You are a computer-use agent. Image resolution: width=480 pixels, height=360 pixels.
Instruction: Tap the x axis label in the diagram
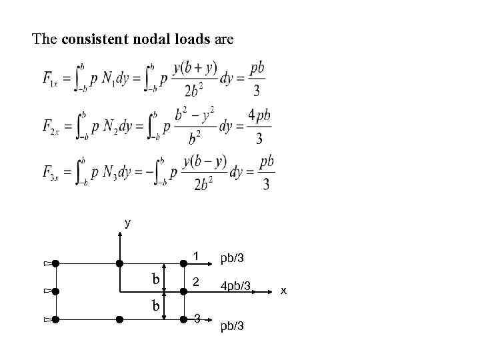[283, 290]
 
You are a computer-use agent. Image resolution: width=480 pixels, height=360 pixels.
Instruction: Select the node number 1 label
[196, 255]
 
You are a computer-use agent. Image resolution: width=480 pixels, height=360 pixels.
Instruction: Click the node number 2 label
[195, 283]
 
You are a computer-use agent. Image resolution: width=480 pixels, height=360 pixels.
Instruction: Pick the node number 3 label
[196, 316]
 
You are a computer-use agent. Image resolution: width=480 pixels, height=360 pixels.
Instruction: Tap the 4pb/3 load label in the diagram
[235, 286]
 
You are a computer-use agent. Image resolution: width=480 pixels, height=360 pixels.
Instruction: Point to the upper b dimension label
[155, 279]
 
